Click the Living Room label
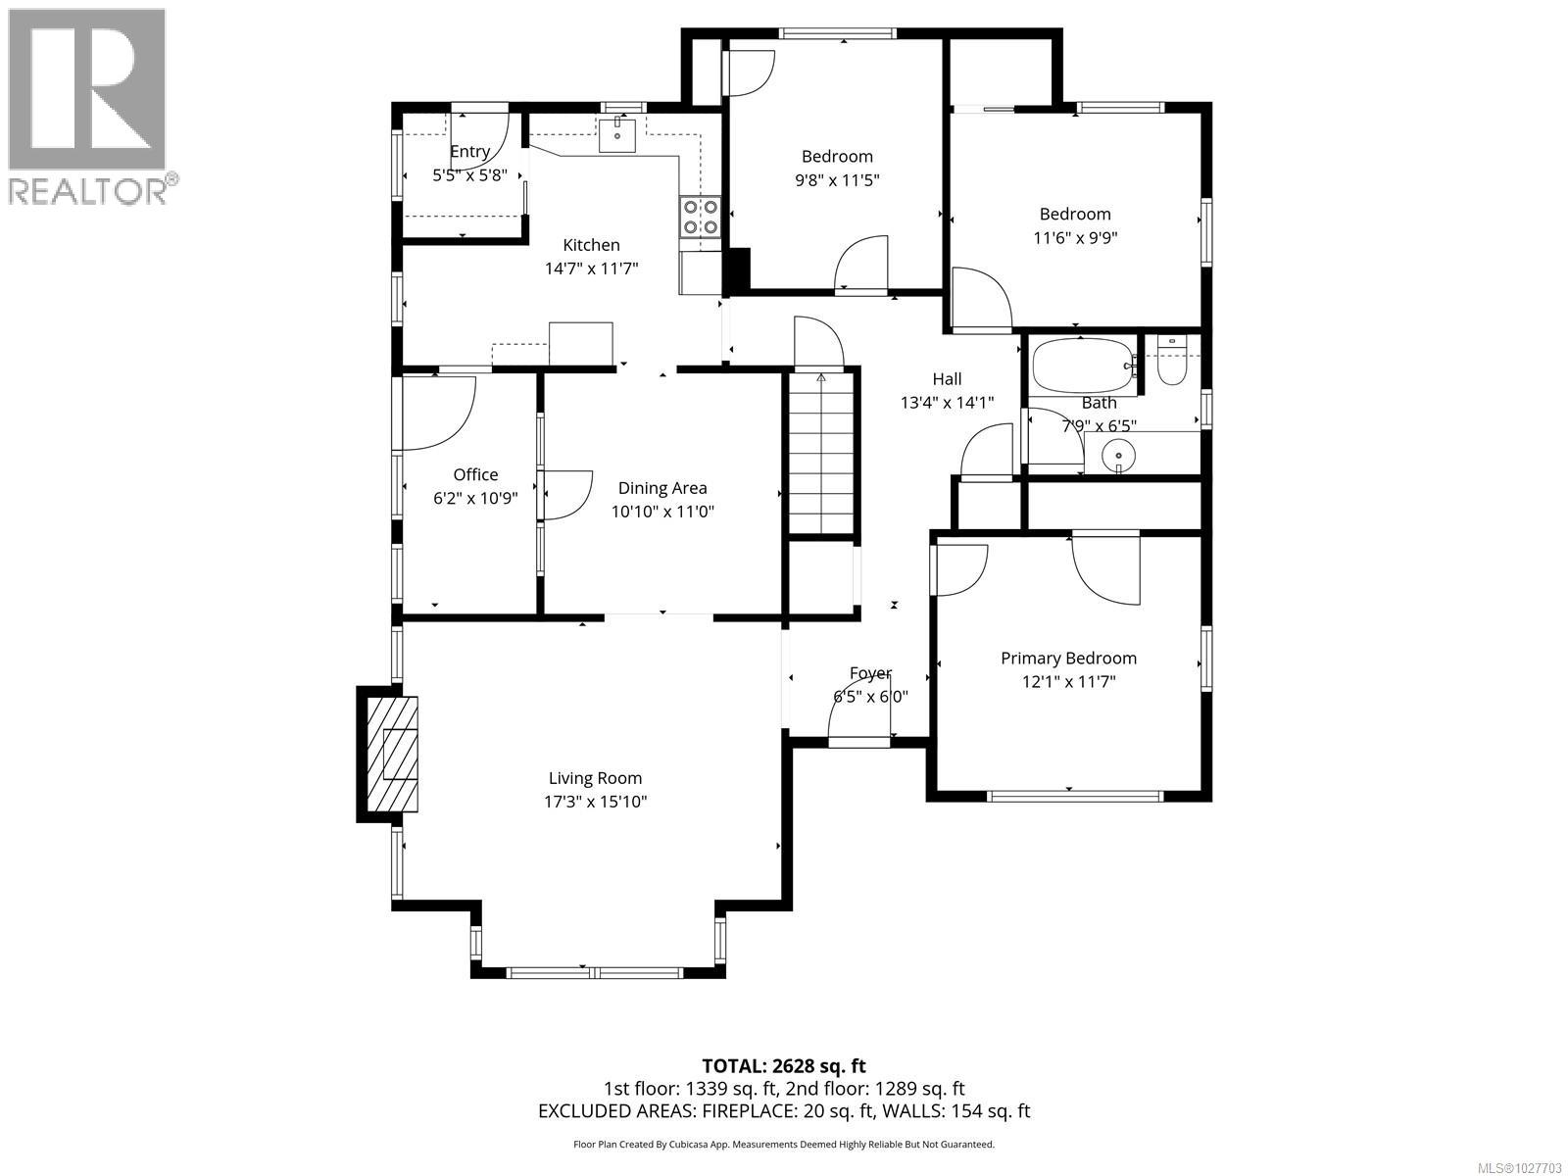[x=595, y=778]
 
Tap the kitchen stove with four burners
[x=700, y=217]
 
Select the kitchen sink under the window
[x=618, y=134]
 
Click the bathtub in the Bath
[x=1081, y=366]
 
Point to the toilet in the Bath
[x=1172, y=361]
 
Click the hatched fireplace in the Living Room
[x=392, y=754]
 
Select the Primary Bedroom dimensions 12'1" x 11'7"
[x=1068, y=682]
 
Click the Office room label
[x=475, y=474]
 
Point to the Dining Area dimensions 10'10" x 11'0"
[x=662, y=512]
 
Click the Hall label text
[x=947, y=379]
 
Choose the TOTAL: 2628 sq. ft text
[x=783, y=1065]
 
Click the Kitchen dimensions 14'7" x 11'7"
[x=591, y=269]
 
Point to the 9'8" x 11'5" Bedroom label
[x=836, y=179]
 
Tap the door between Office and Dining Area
[x=566, y=495]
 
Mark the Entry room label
[x=469, y=152]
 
